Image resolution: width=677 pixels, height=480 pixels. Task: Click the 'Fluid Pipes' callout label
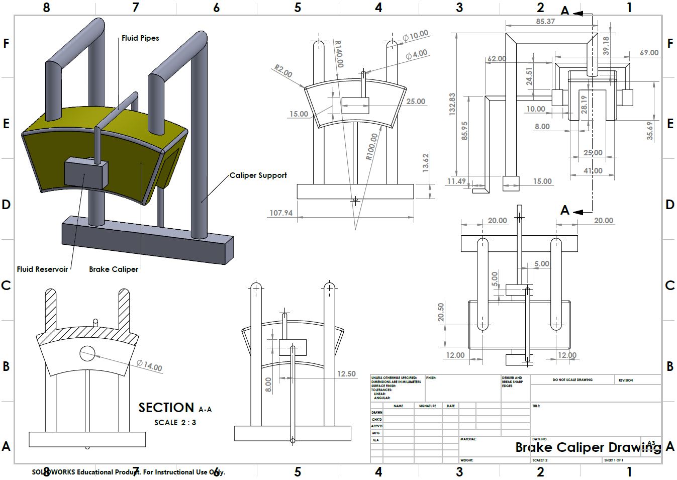click(x=140, y=38)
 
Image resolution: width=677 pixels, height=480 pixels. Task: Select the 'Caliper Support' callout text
click(x=258, y=175)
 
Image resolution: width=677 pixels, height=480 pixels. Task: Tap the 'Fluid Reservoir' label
click(x=42, y=269)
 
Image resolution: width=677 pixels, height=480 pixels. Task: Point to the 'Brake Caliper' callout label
click(x=114, y=269)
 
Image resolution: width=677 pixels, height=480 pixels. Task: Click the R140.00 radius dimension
click(x=339, y=54)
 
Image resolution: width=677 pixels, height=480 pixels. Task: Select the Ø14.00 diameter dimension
click(x=149, y=365)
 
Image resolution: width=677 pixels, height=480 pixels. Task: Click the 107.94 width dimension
click(x=281, y=213)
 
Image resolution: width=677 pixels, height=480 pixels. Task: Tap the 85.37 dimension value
click(x=545, y=22)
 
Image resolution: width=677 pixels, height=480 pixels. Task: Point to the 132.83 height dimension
click(x=452, y=104)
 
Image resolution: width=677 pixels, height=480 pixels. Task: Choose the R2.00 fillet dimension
click(x=283, y=71)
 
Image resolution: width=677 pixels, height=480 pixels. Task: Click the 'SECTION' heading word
click(x=166, y=408)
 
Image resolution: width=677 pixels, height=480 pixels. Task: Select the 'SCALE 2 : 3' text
click(x=175, y=423)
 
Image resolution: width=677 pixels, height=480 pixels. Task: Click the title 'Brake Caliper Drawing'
click(x=588, y=447)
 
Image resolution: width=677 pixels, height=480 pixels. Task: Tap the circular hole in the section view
click(x=87, y=353)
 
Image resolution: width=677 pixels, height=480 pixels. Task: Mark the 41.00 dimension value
click(x=593, y=171)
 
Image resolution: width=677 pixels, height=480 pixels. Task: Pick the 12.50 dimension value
click(x=346, y=374)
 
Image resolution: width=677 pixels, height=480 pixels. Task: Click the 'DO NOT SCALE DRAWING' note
click(x=572, y=380)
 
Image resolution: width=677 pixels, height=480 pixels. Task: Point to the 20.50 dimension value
click(x=441, y=312)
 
